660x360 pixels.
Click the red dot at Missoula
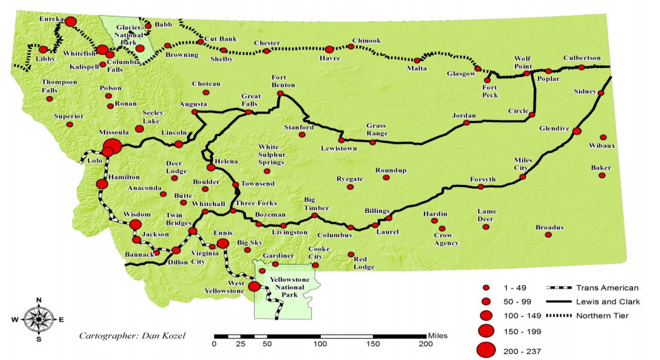112,146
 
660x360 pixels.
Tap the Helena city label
227,161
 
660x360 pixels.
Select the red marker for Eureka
70,22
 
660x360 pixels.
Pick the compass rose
39,317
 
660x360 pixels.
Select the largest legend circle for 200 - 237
486,349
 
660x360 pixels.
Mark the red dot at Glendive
577,131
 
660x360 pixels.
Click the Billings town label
377,211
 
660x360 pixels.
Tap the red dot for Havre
329,49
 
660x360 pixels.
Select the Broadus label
549,227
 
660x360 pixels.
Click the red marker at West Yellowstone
255,286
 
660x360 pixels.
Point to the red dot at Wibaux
604,137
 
